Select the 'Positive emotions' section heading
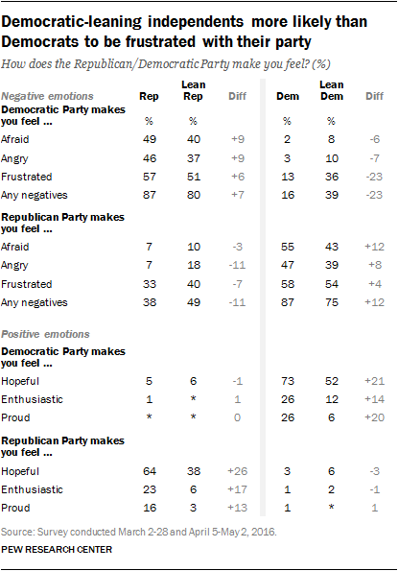[45, 334]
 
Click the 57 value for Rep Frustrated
[150, 178]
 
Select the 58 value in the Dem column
[285, 282]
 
